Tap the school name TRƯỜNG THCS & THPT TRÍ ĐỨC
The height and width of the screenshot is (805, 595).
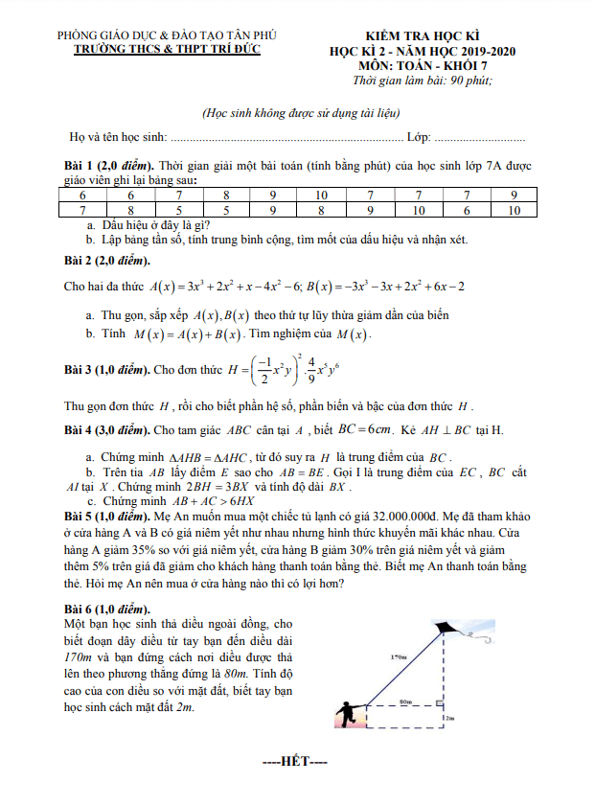[x=164, y=48]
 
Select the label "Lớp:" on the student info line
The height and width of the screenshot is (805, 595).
[x=420, y=137]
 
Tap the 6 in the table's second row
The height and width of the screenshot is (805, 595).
[x=466, y=210]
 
